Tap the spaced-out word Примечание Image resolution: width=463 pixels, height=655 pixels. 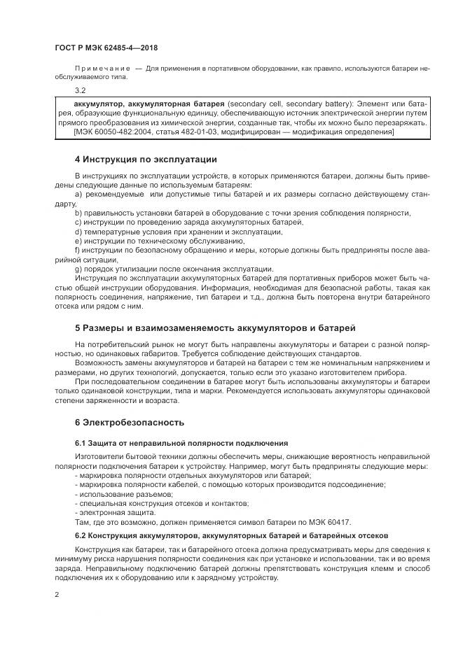pyautogui.click(x=99, y=70)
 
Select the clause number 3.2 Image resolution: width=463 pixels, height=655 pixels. pyautogui.click(x=79, y=91)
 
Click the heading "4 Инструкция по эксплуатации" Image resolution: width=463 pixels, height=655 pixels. pyautogui.click(x=146, y=159)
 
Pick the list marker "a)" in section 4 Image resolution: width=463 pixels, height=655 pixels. pyautogui.click(x=78, y=193)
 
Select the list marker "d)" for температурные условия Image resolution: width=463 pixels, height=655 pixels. pyautogui.click(x=78, y=232)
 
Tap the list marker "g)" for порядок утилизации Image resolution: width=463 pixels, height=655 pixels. pyautogui.click(x=78, y=269)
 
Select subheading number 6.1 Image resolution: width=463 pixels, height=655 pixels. pyautogui.click(x=79, y=444)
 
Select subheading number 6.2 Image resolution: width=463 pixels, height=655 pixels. pyautogui.click(x=79, y=535)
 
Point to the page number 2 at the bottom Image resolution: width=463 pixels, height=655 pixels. pyautogui.click(x=56, y=594)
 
